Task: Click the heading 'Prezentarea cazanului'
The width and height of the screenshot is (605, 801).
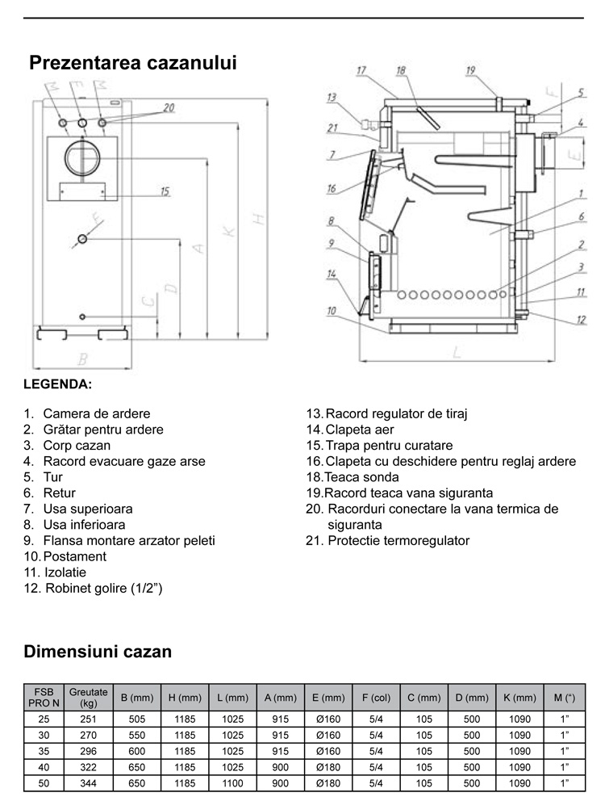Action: coord(133,63)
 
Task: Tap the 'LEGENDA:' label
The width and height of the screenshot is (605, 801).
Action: coord(58,383)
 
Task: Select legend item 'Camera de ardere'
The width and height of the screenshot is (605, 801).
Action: coord(97,413)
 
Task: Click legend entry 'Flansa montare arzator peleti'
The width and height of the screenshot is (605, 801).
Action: coord(129,540)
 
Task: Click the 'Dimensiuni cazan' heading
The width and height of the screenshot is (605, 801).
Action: coord(98,652)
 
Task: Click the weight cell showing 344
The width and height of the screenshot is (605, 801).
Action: coord(88,783)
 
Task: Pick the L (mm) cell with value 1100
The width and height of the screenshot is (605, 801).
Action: coord(232,783)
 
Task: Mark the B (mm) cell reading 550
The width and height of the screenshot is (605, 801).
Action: coord(136,736)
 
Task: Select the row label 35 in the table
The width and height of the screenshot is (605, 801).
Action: coord(44,751)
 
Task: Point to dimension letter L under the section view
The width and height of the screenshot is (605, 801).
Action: coord(457,351)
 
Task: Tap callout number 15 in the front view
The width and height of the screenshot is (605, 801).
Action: coord(165,191)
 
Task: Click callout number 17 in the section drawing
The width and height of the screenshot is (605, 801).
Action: coord(361,71)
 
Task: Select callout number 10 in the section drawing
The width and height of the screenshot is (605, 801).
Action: coord(332,311)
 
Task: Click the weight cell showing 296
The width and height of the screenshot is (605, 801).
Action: coord(88,751)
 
